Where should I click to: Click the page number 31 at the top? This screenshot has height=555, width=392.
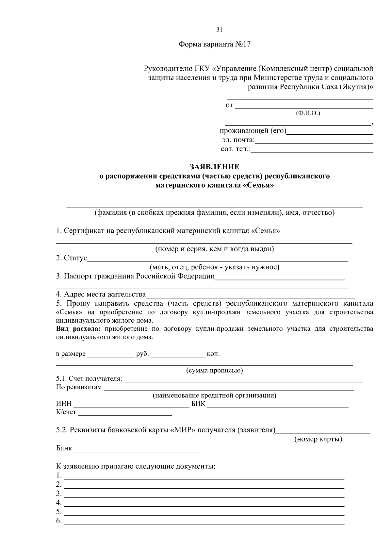pos(219,30)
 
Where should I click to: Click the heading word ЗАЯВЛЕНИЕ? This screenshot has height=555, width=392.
pos(215,167)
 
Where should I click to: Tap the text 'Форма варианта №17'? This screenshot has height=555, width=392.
pos(214,44)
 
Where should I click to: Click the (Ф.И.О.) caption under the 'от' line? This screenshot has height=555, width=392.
pos(308,113)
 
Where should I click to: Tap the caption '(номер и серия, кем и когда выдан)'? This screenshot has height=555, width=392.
pos(214,249)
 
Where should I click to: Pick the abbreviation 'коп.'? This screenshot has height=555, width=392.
pos(213,354)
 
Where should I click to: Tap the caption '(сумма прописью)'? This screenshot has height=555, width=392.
pos(214,371)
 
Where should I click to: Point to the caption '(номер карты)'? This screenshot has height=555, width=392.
pos(318,439)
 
